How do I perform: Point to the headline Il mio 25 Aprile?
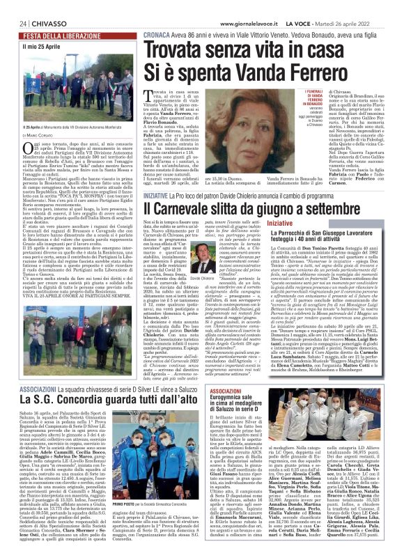click(39, 46)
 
